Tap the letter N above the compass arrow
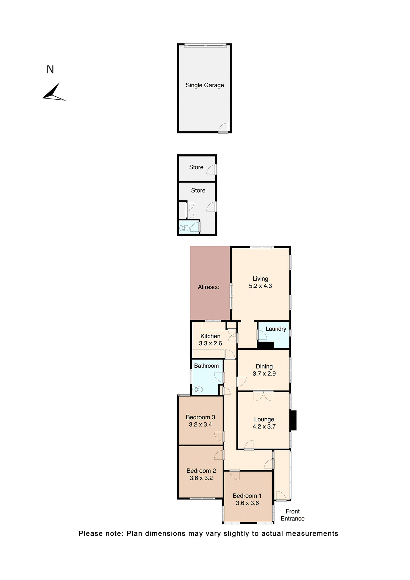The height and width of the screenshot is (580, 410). (50, 70)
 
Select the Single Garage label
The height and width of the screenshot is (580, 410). (205, 85)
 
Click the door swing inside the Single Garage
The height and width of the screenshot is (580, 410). (224, 127)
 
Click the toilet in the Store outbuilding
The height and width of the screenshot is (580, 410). (184, 228)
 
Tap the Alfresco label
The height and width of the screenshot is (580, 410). (209, 287)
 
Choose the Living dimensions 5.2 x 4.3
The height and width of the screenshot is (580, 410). (260, 286)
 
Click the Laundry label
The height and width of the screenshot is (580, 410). (276, 329)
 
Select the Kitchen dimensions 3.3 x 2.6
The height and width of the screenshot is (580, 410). (210, 343)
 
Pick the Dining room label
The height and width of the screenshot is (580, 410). (264, 366)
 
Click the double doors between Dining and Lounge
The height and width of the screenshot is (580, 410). (263, 396)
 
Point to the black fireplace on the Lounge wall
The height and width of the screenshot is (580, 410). (293, 420)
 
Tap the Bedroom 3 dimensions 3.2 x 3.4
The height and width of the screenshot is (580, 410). (200, 424)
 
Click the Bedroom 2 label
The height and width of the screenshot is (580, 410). (201, 471)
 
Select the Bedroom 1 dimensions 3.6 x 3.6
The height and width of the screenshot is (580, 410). (247, 503)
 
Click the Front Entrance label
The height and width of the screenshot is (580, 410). (293, 515)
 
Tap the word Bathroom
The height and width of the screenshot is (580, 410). (206, 366)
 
